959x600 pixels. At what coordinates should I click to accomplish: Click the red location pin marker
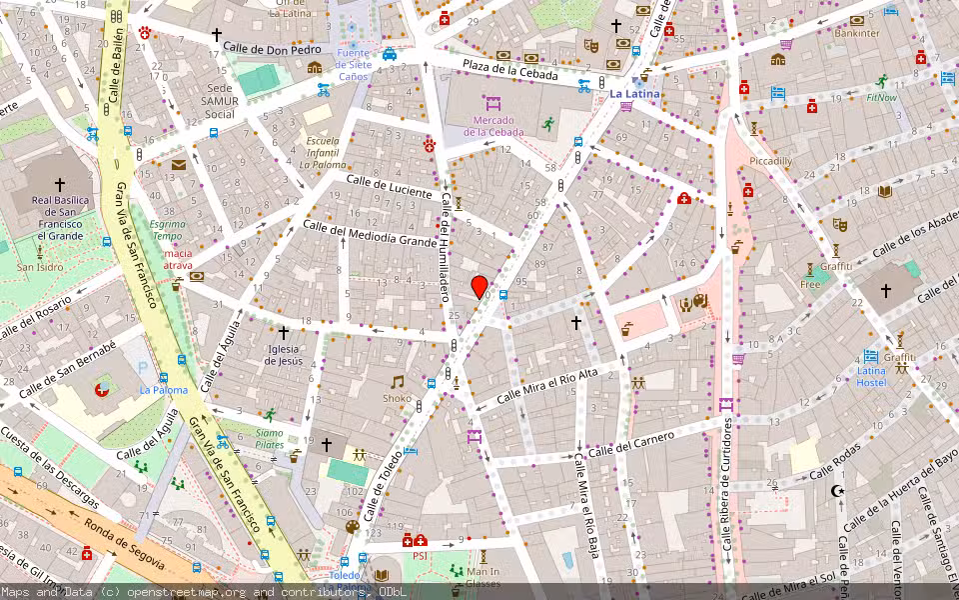(x=479, y=286)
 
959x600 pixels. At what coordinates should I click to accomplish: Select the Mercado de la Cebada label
(x=492, y=126)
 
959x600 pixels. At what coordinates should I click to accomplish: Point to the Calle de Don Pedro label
(x=272, y=48)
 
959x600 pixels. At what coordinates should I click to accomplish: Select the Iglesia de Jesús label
(x=284, y=354)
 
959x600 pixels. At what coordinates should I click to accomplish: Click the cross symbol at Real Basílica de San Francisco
(x=59, y=185)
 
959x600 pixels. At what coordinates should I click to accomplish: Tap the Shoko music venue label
(x=397, y=398)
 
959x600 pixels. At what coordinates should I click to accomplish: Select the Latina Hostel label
(x=870, y=376)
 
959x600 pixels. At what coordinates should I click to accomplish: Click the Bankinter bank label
(x=856, y=33)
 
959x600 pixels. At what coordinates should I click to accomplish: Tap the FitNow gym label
(x=881, y=98)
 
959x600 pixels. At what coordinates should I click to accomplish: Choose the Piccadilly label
(x=770, y=161)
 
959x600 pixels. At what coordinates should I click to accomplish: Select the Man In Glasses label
(x=483, y=578)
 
